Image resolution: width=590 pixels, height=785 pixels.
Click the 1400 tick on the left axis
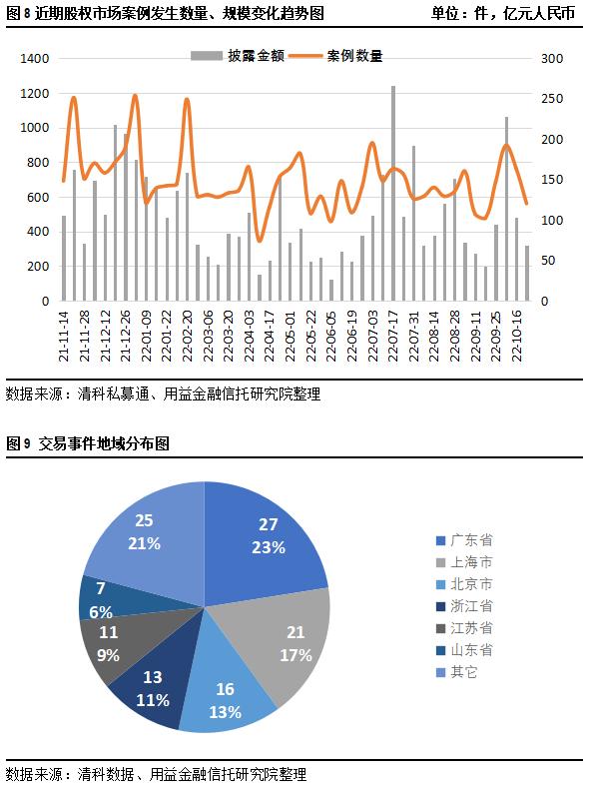click(x=34, y=59)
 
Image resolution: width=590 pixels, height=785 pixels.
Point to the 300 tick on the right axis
click(x=550, y=59)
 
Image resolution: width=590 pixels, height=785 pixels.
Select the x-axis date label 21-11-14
click(x=63, y=337)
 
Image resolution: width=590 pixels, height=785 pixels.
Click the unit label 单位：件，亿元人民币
click(x=502, y=14)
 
